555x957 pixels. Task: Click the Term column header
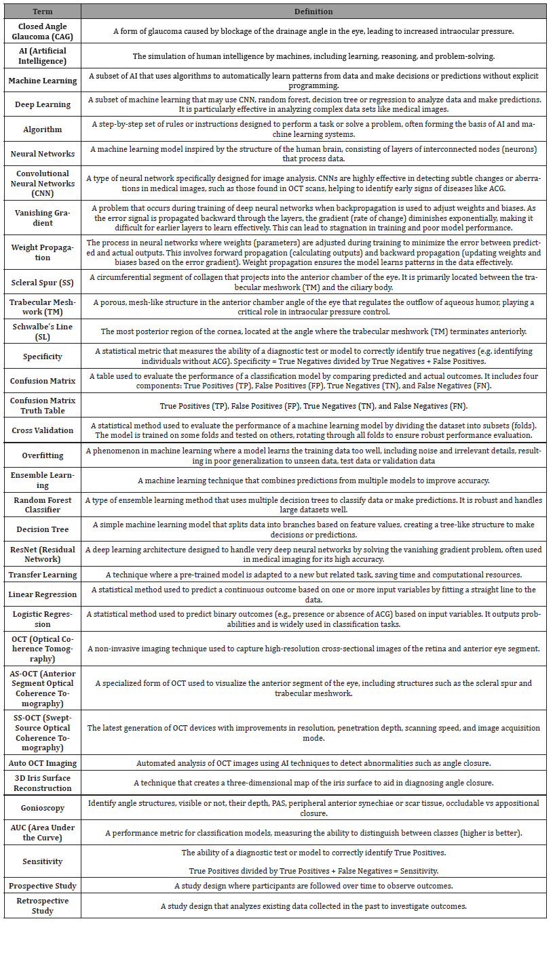coord(42,12)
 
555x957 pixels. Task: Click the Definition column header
coord(313,12)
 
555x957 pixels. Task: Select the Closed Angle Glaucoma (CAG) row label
coord(42,31)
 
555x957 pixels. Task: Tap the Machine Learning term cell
coord(42,81)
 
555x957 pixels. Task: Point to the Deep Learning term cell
coord(42,104)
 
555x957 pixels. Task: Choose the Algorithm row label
coord(42,129)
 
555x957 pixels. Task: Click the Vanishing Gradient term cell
coord(42,218)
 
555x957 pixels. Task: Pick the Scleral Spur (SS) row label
coord(42,282)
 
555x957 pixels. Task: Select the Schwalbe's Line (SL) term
coord(42,331)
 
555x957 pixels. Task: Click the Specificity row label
coord(42,357)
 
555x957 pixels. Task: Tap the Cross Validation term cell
coord(42,430)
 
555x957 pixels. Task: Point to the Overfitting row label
coord(42,455)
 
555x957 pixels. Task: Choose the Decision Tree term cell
coord(42,529)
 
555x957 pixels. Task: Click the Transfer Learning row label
coord(42,575)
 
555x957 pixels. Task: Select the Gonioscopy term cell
coord(42,808)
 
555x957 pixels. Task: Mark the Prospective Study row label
coord(42,886)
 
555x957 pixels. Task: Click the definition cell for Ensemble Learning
coord(313,480)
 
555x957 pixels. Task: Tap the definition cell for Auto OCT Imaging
coord(313,762)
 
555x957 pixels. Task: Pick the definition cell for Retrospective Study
coord(313,906)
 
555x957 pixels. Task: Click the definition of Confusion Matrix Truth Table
coord(313,405)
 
